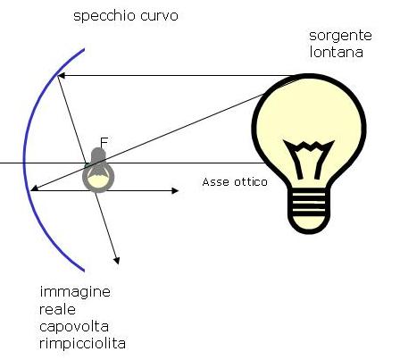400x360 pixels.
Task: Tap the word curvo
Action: [159, 16]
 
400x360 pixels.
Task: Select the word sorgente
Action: [340, 37]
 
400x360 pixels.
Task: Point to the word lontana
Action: [337, 52]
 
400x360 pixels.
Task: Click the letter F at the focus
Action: [104, 142]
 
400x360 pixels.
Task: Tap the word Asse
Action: [215, 181]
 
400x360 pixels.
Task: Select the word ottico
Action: [251, 181]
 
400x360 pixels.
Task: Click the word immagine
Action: [75, 292]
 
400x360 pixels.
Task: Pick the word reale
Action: [57, 310]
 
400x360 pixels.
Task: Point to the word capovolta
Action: [74, 328]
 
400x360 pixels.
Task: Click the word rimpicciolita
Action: [82, 344]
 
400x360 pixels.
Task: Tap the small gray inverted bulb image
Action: [98, 170]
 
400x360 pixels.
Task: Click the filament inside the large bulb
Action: [308, 159]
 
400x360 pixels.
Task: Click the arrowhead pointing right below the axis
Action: [175, 190]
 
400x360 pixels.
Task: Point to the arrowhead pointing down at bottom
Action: [117, 261]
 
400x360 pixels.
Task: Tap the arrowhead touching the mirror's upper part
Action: [61, 76]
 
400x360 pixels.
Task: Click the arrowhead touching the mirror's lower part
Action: [34, 188]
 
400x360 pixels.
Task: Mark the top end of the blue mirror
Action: [84, 49]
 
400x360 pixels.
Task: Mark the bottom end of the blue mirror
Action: [84, 271]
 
